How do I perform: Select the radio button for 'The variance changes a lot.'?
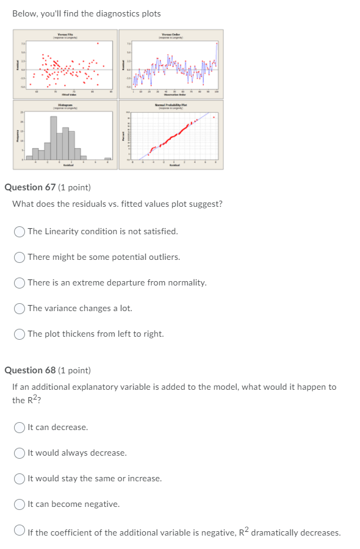point(20,308)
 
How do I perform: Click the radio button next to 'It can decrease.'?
point(20,427)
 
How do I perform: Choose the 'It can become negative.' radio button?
point(20,504)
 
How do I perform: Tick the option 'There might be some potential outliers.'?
point(20,257)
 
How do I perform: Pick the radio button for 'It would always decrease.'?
point(20,453)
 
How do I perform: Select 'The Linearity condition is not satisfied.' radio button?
point(20,231)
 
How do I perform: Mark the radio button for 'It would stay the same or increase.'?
point(20,478)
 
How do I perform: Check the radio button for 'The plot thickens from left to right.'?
point(20,334)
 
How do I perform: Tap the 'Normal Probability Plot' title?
point(171,105)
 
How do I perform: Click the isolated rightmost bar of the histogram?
point(107,159)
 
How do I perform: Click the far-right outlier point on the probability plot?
point(214,117)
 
